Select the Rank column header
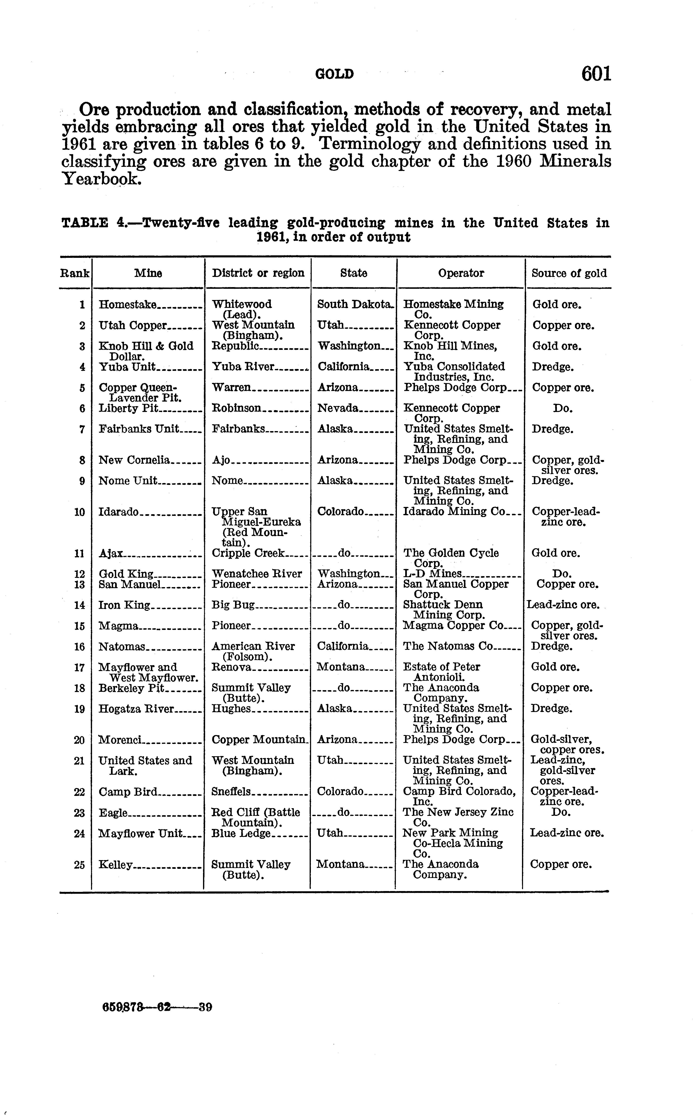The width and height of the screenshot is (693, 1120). tap(75, 273)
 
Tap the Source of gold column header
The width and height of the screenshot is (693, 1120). tap(569, 273)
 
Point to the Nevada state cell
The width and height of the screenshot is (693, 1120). tap(338, 408)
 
